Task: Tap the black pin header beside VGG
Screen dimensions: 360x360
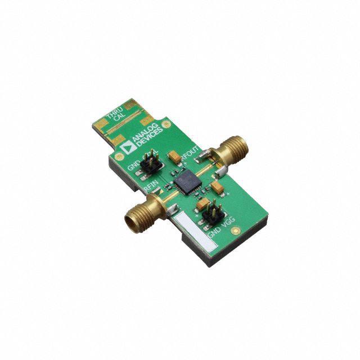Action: [x=211, y=214]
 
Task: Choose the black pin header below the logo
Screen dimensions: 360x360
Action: [x=150, y=164]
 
